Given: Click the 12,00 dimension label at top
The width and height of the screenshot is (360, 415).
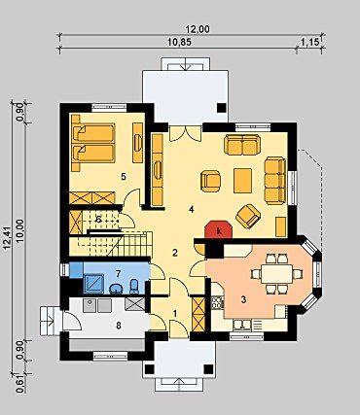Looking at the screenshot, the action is [x=198, y=29].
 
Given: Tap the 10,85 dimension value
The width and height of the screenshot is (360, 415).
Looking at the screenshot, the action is [x=179, y=43].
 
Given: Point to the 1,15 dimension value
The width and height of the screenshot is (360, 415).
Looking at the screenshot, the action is [x=308, y=43].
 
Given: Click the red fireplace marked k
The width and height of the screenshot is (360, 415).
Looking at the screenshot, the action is [x=219, y=230].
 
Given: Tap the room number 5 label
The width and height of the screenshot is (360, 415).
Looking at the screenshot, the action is [x=123, y=177].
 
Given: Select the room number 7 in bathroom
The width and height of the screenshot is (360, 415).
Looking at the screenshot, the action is [x=118, y=274].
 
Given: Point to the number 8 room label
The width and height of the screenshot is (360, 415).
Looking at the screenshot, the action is [x=119, y=325].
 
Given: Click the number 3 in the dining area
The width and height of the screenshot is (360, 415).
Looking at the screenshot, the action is [x=243, y=299].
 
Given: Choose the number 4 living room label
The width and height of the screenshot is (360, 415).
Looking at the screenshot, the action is [x=192, y=210].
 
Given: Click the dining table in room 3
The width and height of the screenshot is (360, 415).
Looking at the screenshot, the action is [x=277, y=274].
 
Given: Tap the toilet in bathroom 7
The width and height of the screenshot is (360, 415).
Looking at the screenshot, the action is [x=134, y=287].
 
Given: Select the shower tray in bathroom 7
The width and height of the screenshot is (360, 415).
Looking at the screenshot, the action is [x=93, y=284].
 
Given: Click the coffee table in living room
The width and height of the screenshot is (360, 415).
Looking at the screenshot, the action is [x=243, y=181].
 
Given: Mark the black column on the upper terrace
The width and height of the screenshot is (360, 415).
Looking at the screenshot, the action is [x=222, y=108].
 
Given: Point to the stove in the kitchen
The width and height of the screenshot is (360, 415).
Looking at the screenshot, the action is [x=217, y=302].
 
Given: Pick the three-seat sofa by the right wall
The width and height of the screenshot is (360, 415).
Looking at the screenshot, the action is [x=275, y=181].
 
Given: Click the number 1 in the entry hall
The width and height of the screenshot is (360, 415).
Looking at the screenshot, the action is [x=175, y=313].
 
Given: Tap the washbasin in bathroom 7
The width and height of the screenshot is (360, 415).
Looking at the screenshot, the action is [x=116, y=288].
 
